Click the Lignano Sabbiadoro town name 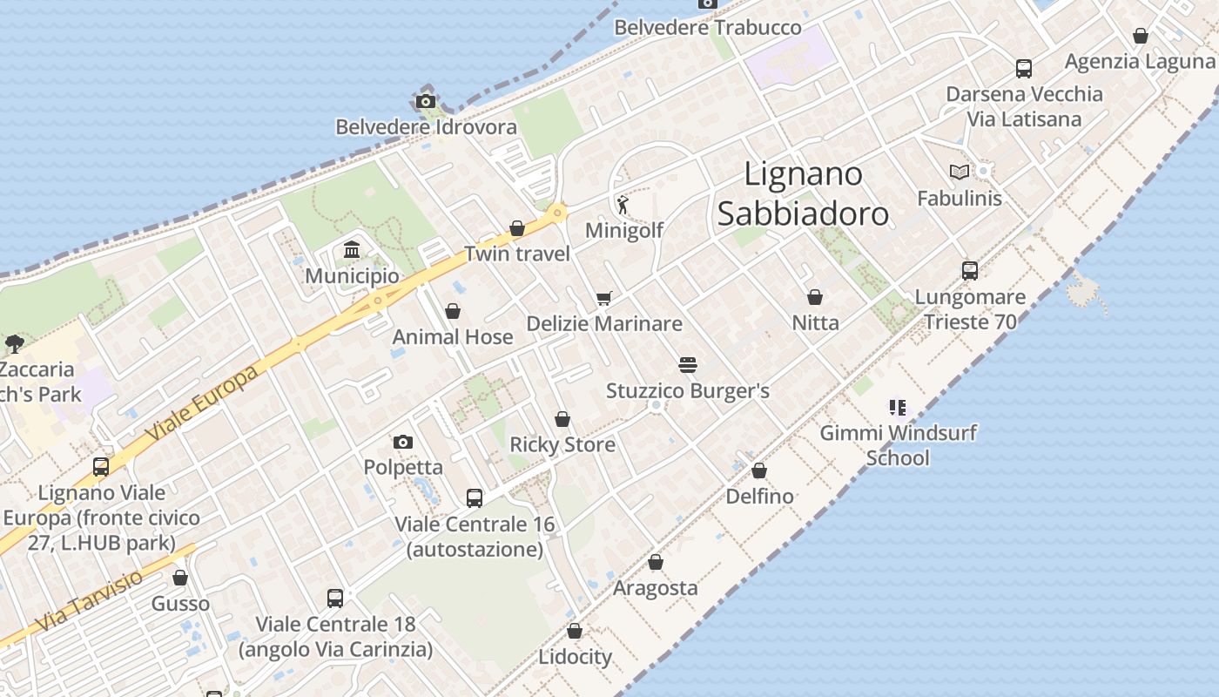pos(803,193)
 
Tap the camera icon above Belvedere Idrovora pos(426,101)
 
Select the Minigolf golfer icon pos(623,206)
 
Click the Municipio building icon pos(352,251)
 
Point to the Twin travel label pos(517,254)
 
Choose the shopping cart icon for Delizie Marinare pos(604,298)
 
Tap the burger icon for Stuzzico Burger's pos(688,364)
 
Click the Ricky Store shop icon pos(562,419)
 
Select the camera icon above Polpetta pos(402,442)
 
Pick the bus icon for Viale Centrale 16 pos(475,498)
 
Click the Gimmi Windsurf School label pos(899,444)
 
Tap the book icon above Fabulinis pos(960,173)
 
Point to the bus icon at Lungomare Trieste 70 pos(970,271)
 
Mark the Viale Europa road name pos(202,403)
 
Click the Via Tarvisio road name pos(90,601)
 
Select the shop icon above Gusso pos(180,578)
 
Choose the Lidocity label pos(575,656)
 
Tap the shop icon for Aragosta pos(656,563)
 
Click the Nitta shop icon pos(815,297)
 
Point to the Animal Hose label pos(453,337)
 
